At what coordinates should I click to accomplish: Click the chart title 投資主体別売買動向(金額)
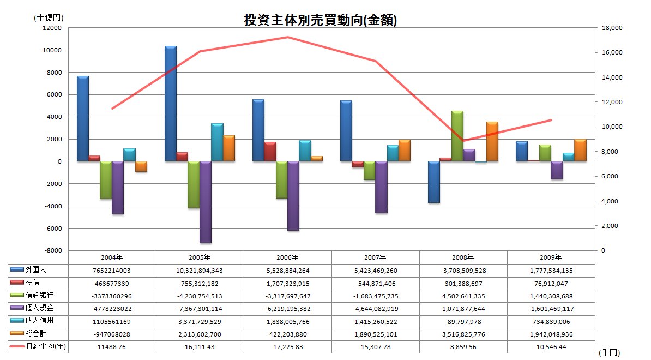click(320, 21)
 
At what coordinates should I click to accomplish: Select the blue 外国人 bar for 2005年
click(171, 104)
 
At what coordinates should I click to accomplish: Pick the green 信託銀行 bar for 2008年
click(457, 136)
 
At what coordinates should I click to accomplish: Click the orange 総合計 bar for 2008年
click(492, 141)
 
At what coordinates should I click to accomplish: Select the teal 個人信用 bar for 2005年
click(217, 142)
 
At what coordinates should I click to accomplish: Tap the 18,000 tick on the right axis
click(610, 28)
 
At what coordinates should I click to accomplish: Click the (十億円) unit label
click(47, 17)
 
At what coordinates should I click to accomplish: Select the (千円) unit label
click(609, 353)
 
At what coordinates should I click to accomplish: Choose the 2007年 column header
click(376, 257)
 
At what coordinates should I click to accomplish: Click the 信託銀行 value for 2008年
click(463, 296)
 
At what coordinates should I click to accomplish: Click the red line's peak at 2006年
click(287, 37)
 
